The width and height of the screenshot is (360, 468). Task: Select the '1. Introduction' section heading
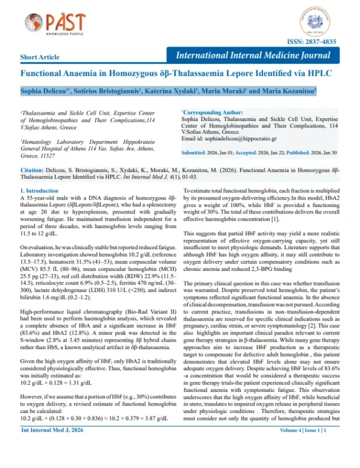(x=39, y=191)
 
